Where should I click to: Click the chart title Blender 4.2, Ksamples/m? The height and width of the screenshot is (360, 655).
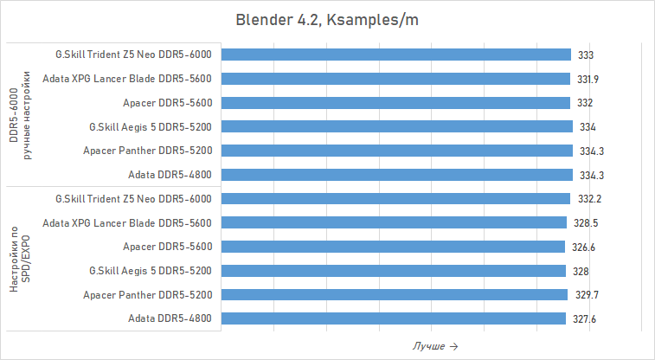[x=326, y=19]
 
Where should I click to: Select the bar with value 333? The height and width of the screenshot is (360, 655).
[x=396, y=55]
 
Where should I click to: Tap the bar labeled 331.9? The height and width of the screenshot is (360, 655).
[x=395, y=79]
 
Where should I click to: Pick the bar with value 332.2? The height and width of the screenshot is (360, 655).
[x=396, y=199]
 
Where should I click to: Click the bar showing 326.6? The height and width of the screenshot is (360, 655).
[x=393, y=247]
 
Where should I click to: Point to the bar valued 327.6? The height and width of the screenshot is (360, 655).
[x=394, y=319]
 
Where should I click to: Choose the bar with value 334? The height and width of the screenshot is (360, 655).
[x=397, y=126]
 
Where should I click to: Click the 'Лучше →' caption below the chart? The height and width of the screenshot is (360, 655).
[x=435, y=346]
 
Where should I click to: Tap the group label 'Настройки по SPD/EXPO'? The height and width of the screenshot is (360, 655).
[x=20, y=259]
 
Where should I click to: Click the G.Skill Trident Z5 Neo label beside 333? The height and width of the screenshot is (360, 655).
[x=132, y=55]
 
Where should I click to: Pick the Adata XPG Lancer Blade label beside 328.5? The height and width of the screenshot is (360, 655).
[x=126, y=223]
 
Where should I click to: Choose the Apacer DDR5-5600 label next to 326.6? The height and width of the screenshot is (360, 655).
[x=168, y=247]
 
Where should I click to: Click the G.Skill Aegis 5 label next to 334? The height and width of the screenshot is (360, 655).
[x=151, y=126]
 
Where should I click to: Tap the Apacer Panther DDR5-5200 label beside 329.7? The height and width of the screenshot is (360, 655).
[x=147, y=295]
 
